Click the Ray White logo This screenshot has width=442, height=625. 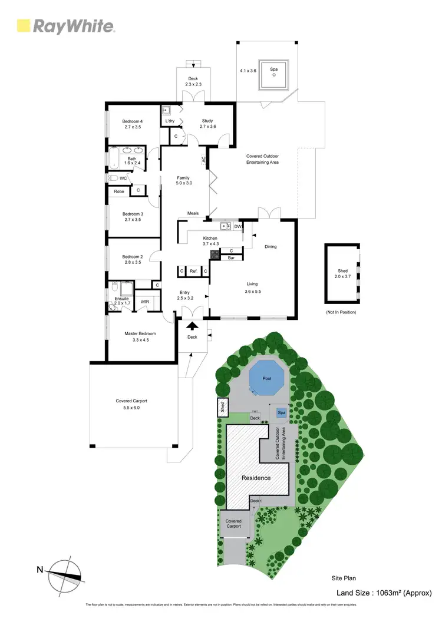[x=65, y=26]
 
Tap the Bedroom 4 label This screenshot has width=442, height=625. [x=133, y=121]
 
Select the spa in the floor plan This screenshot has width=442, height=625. [x=274, y=74]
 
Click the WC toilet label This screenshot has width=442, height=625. [x=123, y=178]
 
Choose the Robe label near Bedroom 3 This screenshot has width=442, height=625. [x=119, y=191]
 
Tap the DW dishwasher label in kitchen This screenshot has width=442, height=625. [x=237, y=226]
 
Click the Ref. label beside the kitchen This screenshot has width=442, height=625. [x=193, y=271]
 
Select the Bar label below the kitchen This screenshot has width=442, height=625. [x=231, y=258]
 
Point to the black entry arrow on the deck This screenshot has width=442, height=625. [x=193, y=325]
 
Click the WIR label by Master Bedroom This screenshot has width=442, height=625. [x=144, y=302]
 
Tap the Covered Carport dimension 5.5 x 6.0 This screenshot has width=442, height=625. [x=131, y=407]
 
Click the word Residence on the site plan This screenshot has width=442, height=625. [x=256, y=478]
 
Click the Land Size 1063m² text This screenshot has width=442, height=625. [x=383, y=593]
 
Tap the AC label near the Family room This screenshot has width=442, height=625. [x=203, y=160]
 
